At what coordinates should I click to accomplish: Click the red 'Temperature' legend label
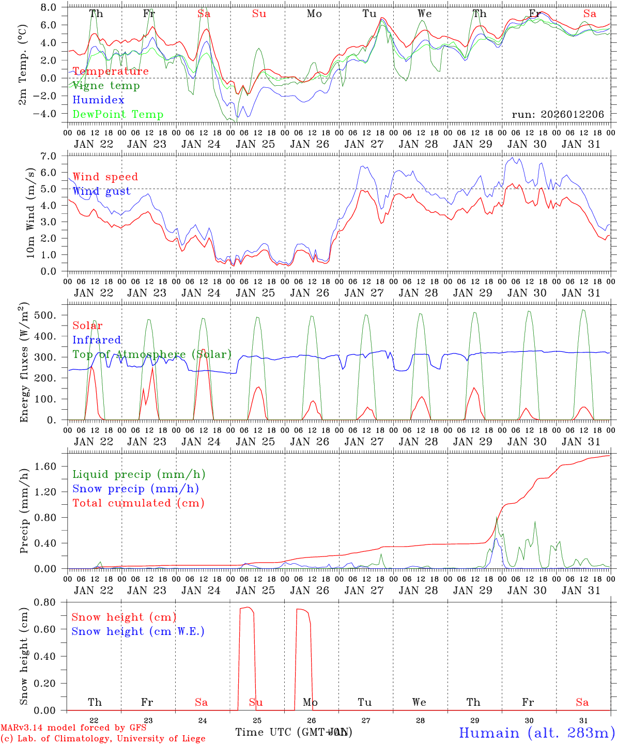[111, 71]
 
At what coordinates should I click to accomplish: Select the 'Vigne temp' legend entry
[106, 86]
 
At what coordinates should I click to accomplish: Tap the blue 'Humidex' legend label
[98, 100]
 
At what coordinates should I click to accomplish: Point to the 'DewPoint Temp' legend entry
[118, 115]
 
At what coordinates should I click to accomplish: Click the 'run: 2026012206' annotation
[558, 115]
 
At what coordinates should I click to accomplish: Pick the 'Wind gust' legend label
[101, 191]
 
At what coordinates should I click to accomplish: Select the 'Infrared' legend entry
[97, 340]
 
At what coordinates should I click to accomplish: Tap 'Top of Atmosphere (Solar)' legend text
[152, 354]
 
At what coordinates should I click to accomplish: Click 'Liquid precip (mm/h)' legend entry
[139, 474]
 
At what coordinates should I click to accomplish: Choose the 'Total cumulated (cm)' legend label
[138, 503]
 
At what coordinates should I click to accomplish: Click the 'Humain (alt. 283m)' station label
[537, 733]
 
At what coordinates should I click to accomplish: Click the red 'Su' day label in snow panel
[256, 702]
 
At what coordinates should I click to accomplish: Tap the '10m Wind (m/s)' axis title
[30, 212]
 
